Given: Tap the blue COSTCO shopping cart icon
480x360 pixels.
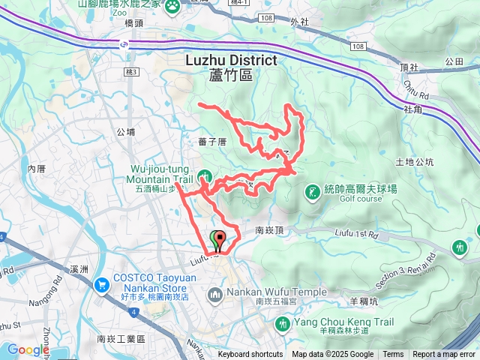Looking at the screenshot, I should click(101, 285).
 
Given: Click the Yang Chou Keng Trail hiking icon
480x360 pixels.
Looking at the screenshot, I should click(283, 325).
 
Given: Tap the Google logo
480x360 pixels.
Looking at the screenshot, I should click(28, 349).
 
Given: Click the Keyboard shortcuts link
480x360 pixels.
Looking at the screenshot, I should click(250, 355).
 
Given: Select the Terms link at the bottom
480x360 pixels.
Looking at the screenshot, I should click(393, 355).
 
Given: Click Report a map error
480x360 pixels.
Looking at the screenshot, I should click(444, 355).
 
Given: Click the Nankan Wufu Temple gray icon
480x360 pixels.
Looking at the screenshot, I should click(214, 292).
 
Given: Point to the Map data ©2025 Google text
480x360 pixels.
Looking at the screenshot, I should click(332, 355).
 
